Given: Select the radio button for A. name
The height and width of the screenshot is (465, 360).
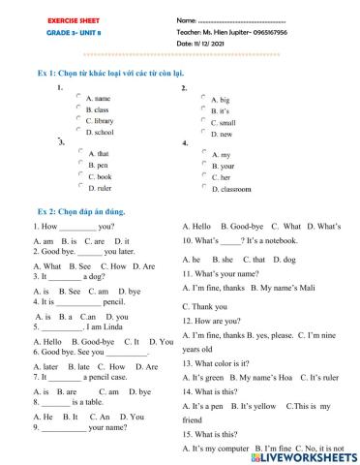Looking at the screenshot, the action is click(x=79, y=97).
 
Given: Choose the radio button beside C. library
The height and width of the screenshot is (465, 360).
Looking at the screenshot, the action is click(x=79, y=119).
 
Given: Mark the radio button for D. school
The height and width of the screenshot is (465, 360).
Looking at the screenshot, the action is click(x=79, y=130).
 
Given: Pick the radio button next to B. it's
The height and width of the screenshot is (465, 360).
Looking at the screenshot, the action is click(x=203, y=108).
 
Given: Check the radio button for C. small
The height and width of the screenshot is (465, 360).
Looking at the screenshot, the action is click(x=203, y=121).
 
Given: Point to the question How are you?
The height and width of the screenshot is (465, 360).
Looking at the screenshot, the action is click(x=209, y=319).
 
